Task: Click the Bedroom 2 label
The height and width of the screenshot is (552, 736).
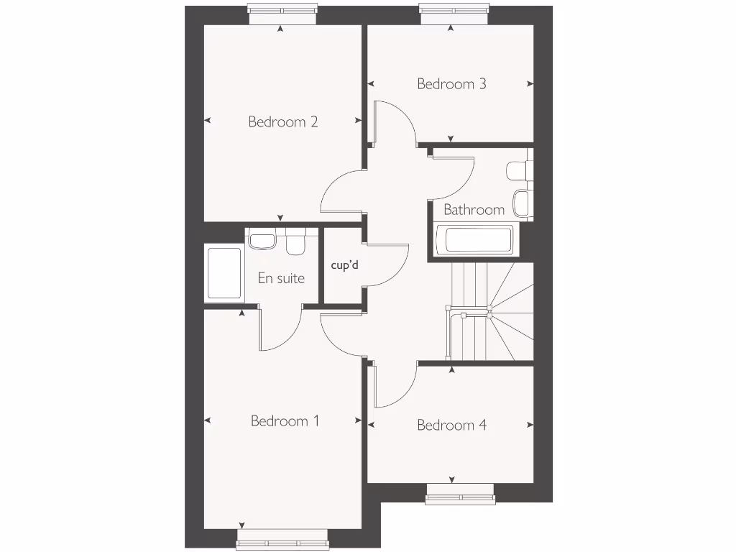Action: [282, 121]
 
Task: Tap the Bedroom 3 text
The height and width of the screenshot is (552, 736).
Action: [451, 84]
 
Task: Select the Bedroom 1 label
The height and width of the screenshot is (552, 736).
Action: [285, 420]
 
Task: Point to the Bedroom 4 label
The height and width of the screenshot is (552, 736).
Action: [451, 425]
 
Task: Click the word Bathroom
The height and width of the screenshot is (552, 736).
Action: [474, 210]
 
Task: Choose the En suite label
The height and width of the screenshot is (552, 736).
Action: [281, 278]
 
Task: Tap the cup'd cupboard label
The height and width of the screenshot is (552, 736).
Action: [344, 264]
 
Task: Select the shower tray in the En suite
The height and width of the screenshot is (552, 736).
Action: [224, 273]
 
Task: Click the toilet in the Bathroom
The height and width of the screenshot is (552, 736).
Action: [518, 170]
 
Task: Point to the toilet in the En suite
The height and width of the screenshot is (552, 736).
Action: [295, 244]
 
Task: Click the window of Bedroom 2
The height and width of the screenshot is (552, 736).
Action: [282, 9]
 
